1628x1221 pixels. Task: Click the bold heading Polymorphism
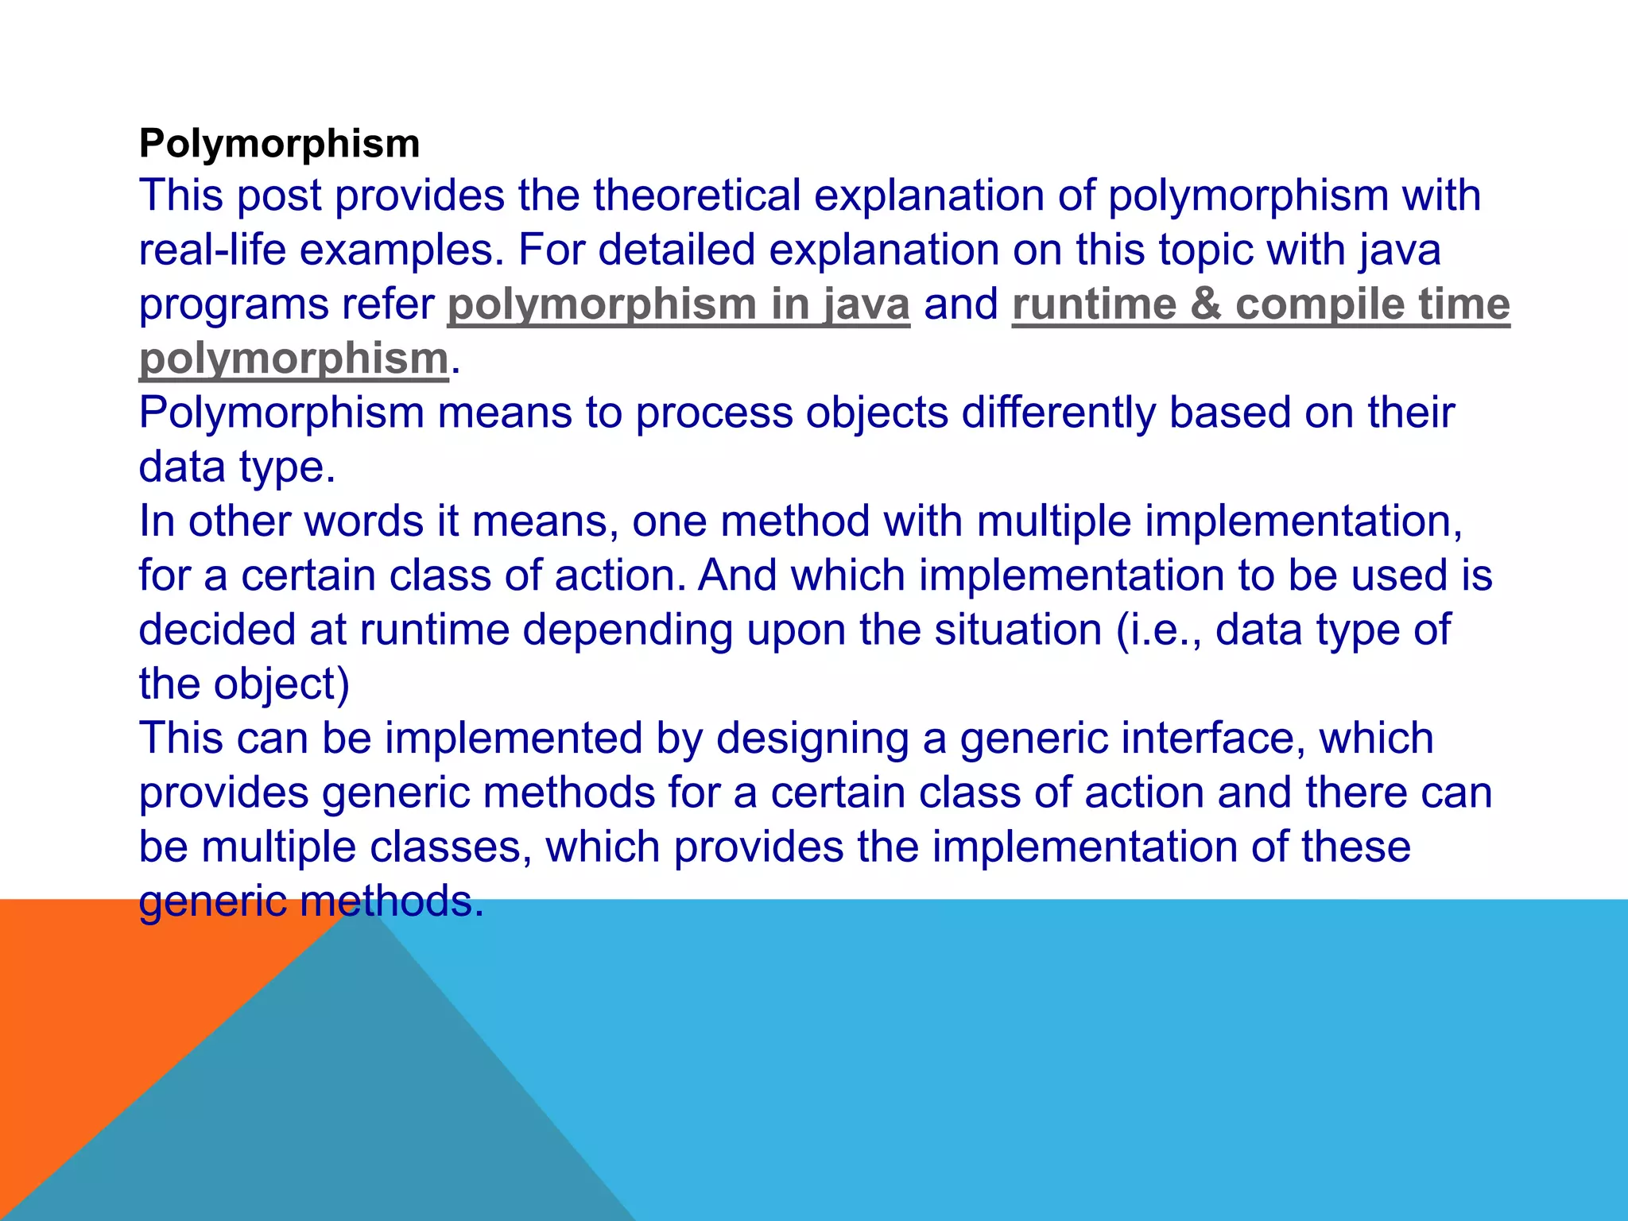279,144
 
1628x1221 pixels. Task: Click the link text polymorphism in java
678,304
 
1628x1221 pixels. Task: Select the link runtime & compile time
1260,304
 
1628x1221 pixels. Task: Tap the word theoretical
697,196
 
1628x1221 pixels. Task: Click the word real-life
212,250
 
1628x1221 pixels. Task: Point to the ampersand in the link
1205,304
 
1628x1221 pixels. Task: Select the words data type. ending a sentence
237,467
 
